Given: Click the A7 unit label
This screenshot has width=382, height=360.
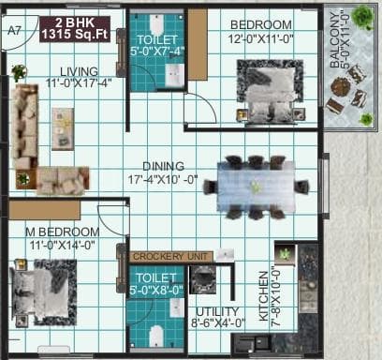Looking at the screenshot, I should pyautogui.click(x=14, y=30).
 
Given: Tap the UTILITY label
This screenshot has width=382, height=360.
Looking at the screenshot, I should pyautogui.click(x=218, y=311).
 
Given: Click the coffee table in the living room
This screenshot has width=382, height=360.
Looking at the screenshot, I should pyautogui.click(x=63, y=126).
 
